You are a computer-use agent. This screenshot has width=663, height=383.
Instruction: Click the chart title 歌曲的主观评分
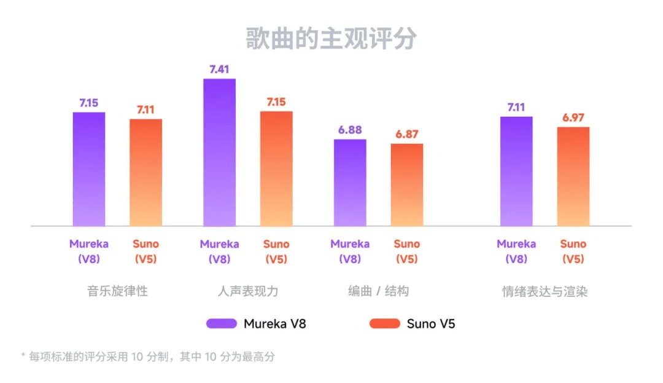pyautogui.click(x=331, y=38)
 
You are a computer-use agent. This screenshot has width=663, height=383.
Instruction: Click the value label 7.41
pyautogui.click(x=219, y=69)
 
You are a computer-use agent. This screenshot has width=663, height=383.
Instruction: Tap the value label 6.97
pyautogui.click(x=573, y=117)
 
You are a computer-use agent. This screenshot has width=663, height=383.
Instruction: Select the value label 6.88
pyautogui.click(x=350, y=130)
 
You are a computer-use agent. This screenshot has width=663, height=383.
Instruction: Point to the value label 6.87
pyautogui.click(x=406, y=134)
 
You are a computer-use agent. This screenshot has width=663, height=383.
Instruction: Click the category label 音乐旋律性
pyautogui.click(x=117, y=291)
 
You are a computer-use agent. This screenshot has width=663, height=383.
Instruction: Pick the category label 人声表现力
pyautogui.click(x=247, y=291)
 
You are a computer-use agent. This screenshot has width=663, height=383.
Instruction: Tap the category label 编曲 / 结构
pyautogui.click(x=378, y=291)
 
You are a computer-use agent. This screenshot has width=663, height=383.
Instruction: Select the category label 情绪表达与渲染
pyautogui.click(x=545, y=291)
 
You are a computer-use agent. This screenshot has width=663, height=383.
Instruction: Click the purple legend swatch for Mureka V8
pyautogui.click(x=222, y=323)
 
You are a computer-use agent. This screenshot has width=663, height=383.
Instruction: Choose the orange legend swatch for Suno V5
pyautogui.click(x=385, y=323)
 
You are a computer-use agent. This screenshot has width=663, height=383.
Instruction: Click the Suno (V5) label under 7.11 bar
pyautogui.click(x=145, y=251)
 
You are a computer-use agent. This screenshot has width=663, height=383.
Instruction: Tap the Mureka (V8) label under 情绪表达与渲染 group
pyautogui.click(x=516, y=251)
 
